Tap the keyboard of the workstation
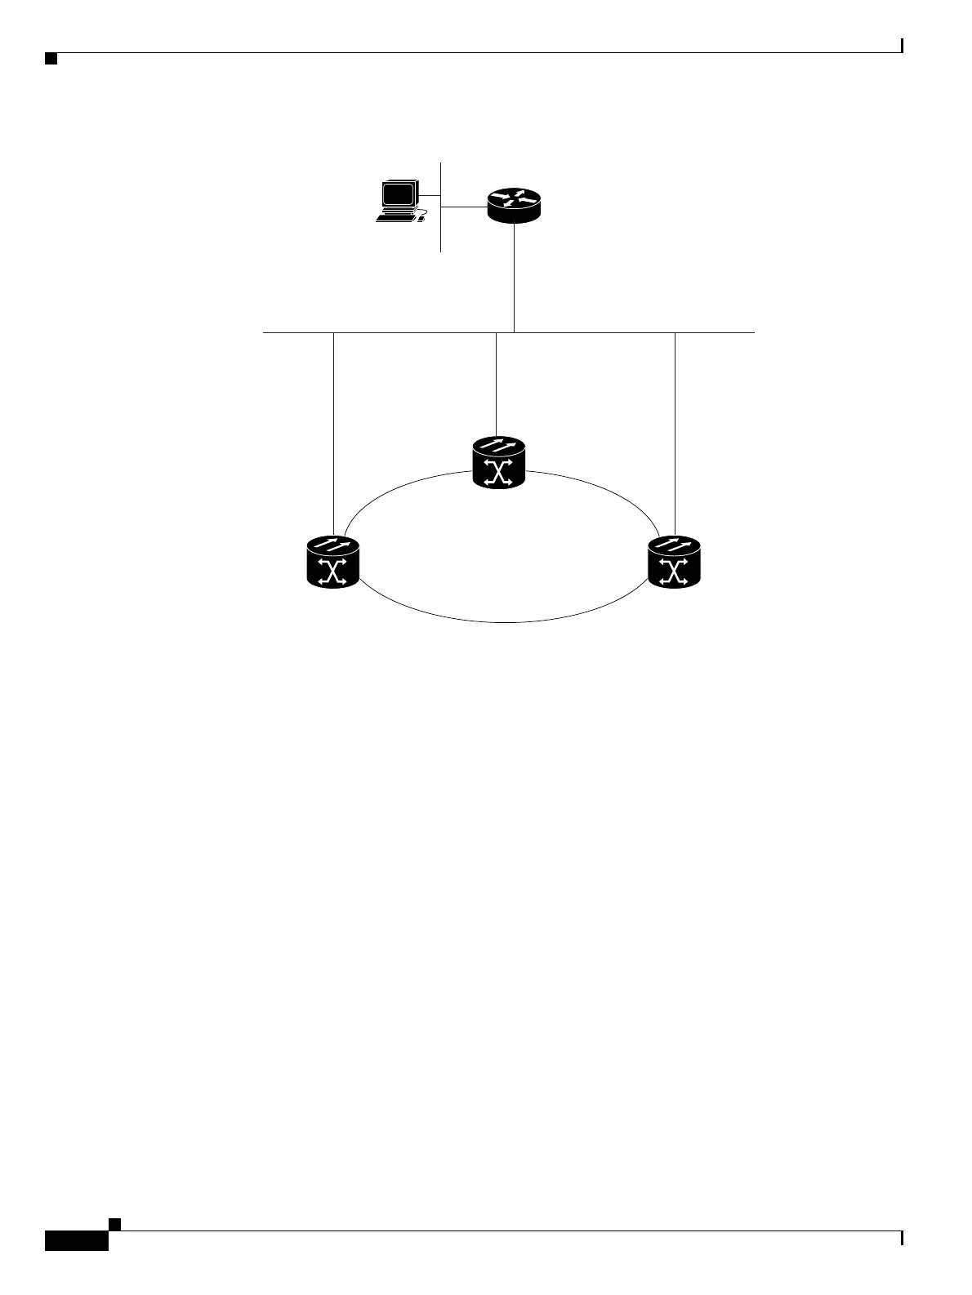(x=395, y=218)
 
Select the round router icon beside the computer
(x=514, y=204)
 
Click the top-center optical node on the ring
(x=499, y=463)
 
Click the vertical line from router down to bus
(x=514, y=278)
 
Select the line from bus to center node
(x=497, y=384)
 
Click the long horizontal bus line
(x=408, y=333)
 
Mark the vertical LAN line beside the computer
(x=441, y=237)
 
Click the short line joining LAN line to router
(x=464, y=207)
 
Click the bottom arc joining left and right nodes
(x=504, y=622)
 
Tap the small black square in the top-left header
(x=51, y=59)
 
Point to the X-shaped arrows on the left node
(x=332, y=572)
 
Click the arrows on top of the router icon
(x=514, y=198)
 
